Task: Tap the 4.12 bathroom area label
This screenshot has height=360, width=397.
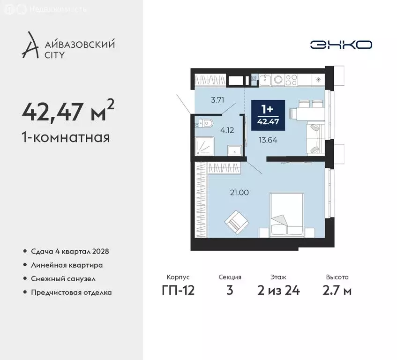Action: [227, 130]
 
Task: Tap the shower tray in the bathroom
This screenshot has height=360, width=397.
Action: [204, 145]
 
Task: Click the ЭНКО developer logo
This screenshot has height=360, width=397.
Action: [341, 45]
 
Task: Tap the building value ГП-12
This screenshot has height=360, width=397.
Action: [178, 291]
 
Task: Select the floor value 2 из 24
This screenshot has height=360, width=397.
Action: [278, 291]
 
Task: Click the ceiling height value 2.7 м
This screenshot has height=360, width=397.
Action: [337, 291]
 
